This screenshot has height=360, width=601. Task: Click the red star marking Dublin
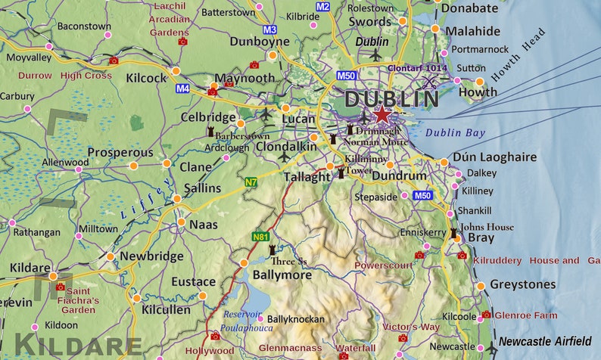[382, 115]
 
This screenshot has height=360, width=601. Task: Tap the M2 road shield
[323, 7]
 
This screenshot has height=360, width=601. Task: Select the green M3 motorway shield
[270, 29]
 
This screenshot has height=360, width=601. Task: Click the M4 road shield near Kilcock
[182, 88]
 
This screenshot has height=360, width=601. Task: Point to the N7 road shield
[251, 182]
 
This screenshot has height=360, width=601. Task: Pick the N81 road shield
[260, 237]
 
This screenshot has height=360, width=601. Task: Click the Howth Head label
[518, 55]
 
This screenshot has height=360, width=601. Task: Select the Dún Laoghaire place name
[494, 157]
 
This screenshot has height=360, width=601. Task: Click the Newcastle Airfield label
[544, 341]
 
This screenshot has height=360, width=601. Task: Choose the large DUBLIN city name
[391, 98]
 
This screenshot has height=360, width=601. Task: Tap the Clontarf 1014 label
[417, 67]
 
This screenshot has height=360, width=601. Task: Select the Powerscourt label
[384, 265]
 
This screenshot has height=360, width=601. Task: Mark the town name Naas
[203, 225]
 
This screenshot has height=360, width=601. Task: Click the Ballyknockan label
[297, 319]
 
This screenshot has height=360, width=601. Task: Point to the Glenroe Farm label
[525, 315]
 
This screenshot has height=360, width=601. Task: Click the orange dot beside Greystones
[479, 285]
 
